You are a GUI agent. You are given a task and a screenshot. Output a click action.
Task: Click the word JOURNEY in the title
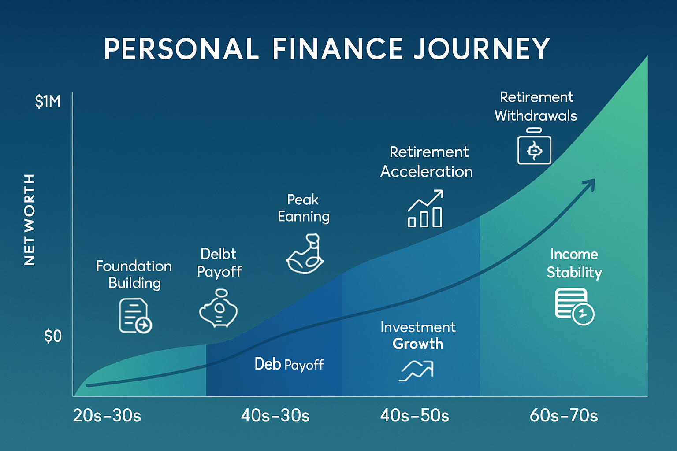(482, 48)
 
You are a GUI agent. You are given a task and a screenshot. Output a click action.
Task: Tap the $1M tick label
(48, 102)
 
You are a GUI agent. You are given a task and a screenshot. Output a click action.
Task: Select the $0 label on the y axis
(52, 336)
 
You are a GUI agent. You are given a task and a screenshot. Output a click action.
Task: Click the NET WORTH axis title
(29, 219)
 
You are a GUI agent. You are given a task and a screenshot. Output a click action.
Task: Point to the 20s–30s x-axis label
(107, 416)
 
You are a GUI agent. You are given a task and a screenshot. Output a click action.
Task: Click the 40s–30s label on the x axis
(275, 416)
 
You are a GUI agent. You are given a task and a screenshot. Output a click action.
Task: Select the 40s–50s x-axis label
(414, 416)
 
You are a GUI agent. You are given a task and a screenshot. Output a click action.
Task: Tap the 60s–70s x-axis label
(563, 416)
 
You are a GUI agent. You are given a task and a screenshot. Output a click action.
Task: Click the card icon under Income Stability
(574, 306)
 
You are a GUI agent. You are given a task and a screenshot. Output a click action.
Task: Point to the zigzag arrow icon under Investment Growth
(417, 370)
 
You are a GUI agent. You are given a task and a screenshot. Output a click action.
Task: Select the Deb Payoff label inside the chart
(289, 364)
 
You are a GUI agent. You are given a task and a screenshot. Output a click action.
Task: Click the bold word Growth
(418, 344)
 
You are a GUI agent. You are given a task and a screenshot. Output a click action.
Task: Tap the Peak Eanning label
(304, 208)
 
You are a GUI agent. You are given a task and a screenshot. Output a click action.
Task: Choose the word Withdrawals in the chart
(536, 116)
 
